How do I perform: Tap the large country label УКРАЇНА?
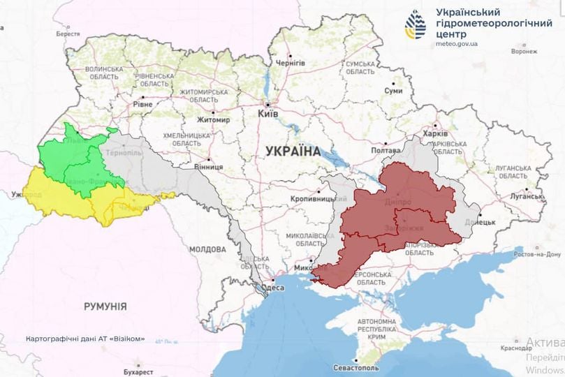[x=293, y=151]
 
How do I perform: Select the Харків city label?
[x=425, y=134]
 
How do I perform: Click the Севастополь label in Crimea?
[x=355, y=367]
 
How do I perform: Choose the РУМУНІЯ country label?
[x=105, y=306]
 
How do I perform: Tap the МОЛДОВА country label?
[x=207, y=249]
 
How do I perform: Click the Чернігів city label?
[x=291, y=63]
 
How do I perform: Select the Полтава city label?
[x=386, y=150]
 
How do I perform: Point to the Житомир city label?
[x=214, y=119]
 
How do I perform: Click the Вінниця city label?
[x=207, y=167]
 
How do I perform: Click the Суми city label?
[x=395, y=91]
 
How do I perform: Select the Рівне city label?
[x=144, y=105]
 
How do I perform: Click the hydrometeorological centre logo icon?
[x=416, y=24]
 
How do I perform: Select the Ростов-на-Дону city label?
[x=537, y=253]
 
